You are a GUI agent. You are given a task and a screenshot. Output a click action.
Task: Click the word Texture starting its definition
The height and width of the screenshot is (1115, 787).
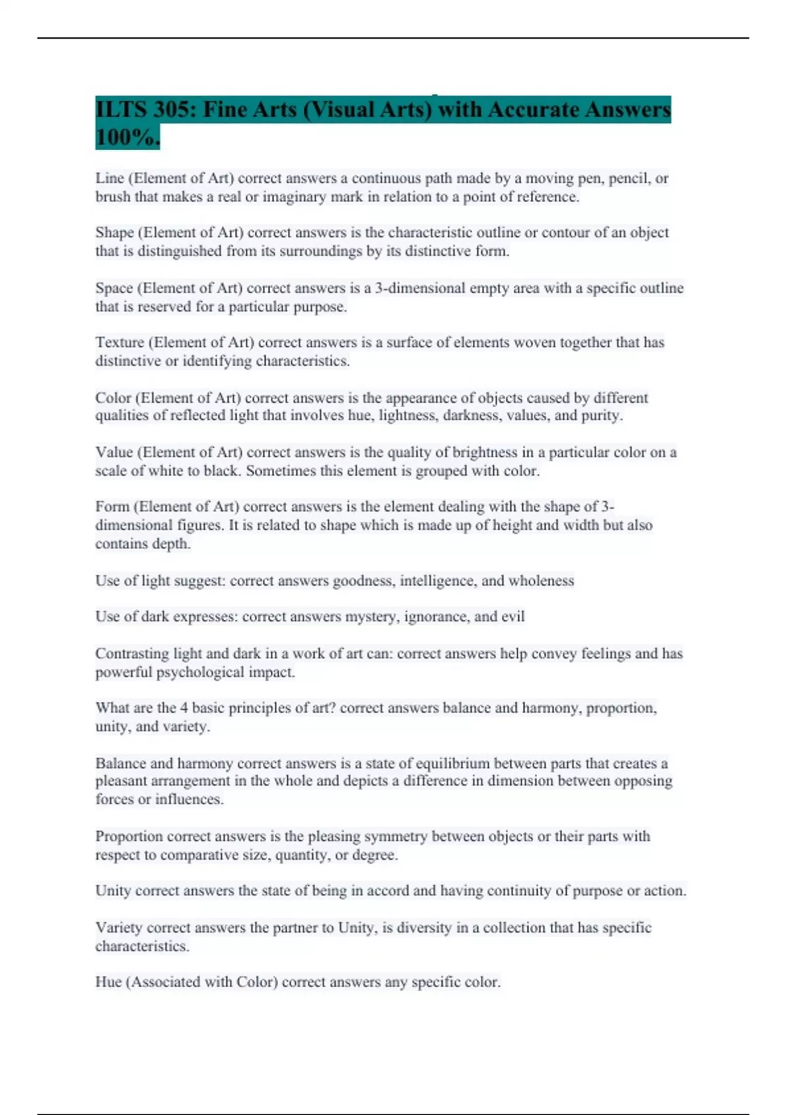click(119, 342)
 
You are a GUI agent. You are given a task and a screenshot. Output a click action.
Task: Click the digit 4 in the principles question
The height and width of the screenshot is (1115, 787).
click(184, 708)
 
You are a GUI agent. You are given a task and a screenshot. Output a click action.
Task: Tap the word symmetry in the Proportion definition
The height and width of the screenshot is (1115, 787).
click(395, 837)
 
